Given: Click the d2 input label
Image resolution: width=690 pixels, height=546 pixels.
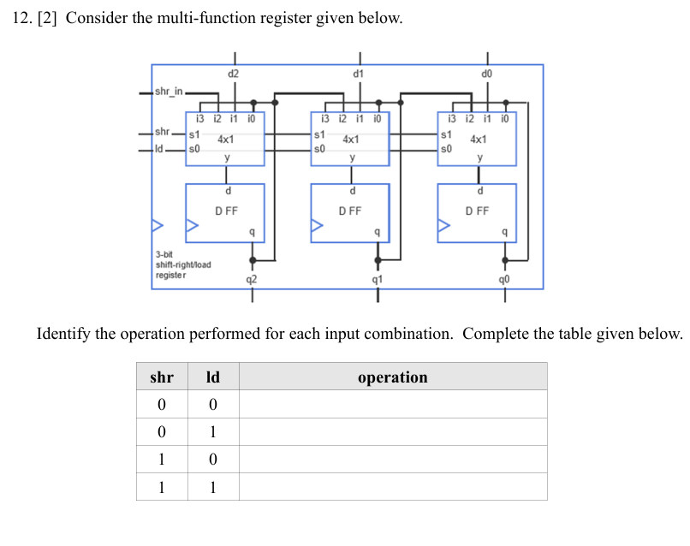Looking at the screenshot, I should coord(234,74).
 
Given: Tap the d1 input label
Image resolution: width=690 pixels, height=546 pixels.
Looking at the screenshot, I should coord(359,74).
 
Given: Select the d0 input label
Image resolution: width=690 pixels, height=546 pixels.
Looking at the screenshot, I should coord(487,74).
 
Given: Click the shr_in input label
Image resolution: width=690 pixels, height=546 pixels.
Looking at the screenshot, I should coord(169,92).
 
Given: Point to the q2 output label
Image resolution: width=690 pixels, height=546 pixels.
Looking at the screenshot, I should coord(251,278).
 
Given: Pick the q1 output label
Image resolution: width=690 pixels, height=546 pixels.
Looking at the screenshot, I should coord(377,278).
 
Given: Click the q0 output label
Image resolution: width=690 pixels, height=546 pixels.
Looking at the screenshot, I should coord(505,278).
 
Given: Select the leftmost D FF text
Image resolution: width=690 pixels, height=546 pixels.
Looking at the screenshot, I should coord(226,211).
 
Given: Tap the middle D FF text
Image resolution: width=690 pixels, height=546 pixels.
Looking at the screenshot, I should coord(350,211).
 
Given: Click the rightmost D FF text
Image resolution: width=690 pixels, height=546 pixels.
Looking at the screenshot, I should coord(478,211).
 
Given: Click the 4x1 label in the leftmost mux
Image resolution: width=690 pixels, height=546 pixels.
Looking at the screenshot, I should coord(227,139).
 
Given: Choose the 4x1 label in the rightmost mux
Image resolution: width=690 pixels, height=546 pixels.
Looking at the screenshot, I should coord(479,139).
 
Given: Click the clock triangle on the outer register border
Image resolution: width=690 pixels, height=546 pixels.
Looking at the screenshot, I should coord(157,227).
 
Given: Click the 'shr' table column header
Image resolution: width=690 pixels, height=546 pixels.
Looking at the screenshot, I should coord(162,377).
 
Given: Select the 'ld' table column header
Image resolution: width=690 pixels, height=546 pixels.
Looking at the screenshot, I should coord(213,377).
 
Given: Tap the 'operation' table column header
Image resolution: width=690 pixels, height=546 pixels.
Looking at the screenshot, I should coord(392,377).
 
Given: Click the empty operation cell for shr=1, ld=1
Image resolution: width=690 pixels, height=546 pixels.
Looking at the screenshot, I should coord(392,487).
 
